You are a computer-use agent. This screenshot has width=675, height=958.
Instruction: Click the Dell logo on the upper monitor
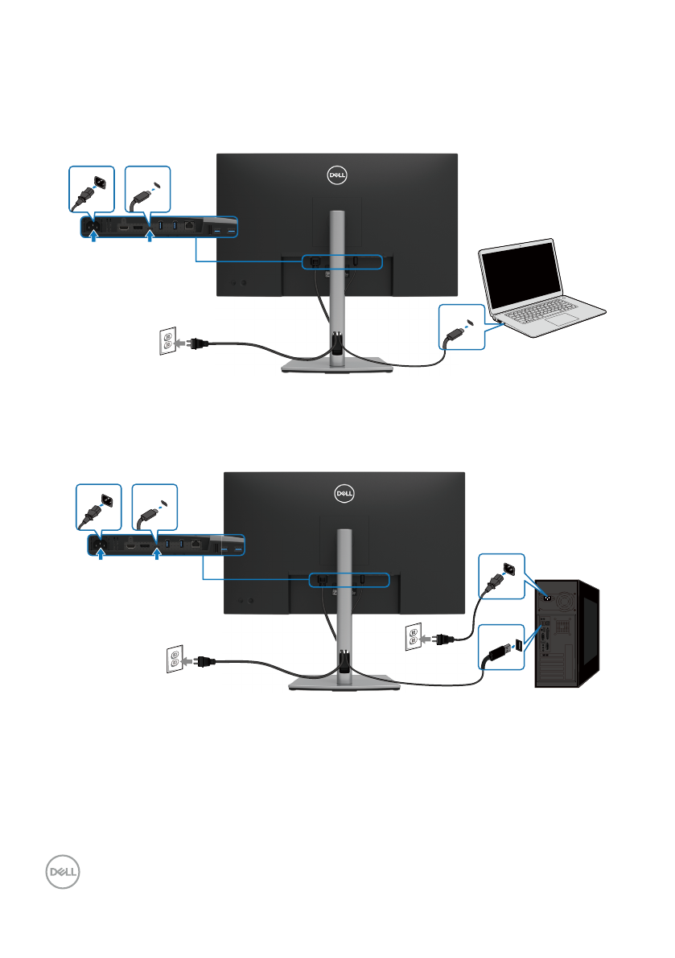coord(338,175)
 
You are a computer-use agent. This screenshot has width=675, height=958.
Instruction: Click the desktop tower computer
coord(568,635)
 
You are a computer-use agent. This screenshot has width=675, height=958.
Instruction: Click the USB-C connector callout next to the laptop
coord(463,327)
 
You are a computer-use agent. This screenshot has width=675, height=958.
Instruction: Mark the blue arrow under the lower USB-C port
coord(156,556)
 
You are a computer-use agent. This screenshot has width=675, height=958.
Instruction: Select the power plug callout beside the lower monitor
coord(98,507)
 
